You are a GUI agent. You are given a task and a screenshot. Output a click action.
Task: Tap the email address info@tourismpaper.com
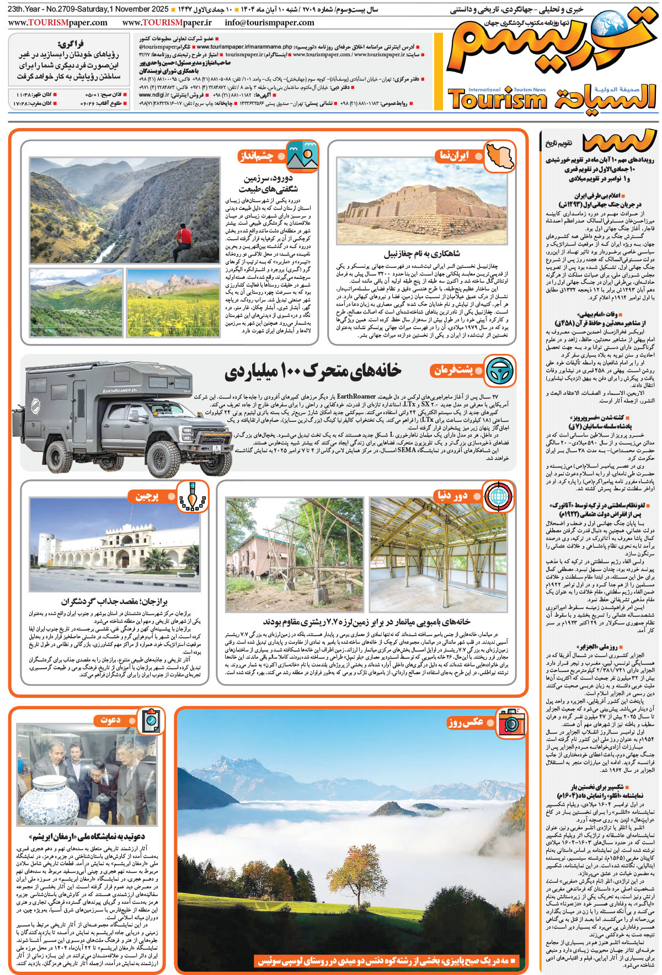coord(269,23)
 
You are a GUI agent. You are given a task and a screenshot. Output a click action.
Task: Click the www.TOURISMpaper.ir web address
coord(167,23)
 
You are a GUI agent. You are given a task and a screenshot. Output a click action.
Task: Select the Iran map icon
coord(500,156)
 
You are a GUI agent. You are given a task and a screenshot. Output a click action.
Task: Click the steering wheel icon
coord(500,370)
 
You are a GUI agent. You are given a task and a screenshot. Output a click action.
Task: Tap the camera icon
coord(511,722)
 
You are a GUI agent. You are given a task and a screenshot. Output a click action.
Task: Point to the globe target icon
coord(498,495)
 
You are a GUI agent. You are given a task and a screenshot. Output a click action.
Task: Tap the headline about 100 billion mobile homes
coord(313,372)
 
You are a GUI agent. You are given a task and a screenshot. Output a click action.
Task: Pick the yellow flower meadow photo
coord(173,302)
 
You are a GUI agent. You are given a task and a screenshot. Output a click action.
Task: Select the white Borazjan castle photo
coord(114,544)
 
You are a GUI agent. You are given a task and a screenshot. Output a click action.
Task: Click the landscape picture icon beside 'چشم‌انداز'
coord(302,156)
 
